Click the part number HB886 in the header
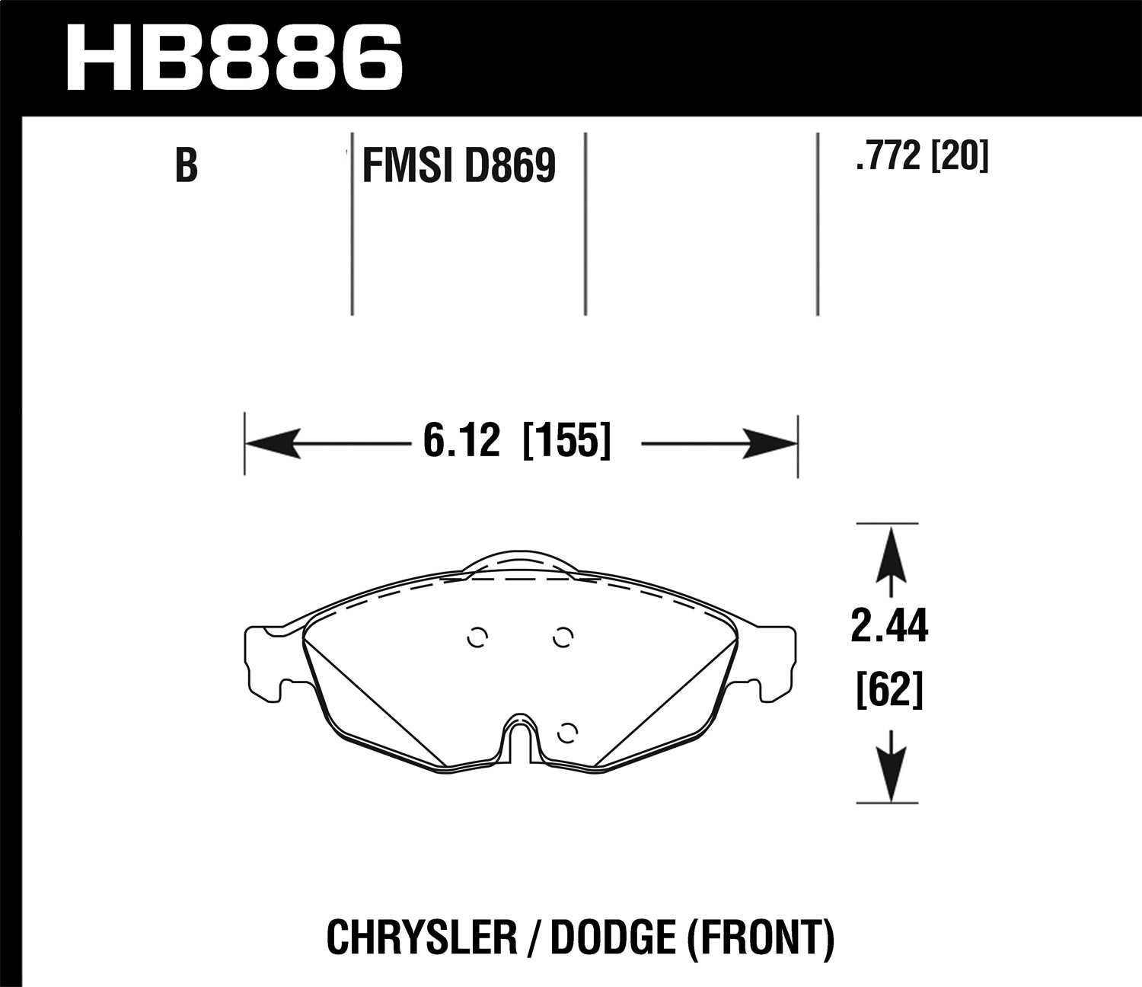tap(234, 56)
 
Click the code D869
tap(511, 165)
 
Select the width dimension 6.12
tap(461, 442)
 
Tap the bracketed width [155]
tap(567, 442)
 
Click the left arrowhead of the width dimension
tap(271, 444)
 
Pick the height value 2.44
tap(889, 629)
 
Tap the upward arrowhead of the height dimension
tap(890, 551)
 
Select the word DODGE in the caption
tap(612, 938)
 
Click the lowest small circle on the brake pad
tap(565, 733)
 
